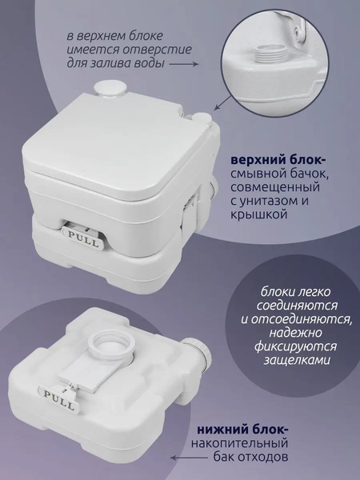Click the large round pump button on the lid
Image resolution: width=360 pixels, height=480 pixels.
tap(110, 89)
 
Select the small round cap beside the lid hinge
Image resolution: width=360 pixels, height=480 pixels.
tap(202, 118)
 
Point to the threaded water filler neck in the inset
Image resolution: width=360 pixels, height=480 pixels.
tap(270, 52)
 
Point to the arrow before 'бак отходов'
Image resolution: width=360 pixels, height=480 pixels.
tap(189, 458)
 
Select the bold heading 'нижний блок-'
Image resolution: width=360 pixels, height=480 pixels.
tap(242, 430)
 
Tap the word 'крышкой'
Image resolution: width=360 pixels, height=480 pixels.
tap(259, 214)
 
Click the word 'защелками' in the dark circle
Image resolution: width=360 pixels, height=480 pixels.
tap(297, 360)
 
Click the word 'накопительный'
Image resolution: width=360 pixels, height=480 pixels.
tap(239, 443)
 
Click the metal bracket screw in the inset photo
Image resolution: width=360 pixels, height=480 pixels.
tap(297, 30)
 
